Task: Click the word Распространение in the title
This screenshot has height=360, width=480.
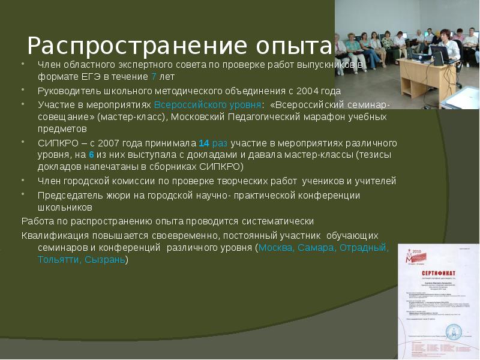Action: (129, 46)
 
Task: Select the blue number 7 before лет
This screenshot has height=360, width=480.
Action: (154, 77)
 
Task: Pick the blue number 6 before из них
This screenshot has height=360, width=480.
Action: (91, 154)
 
